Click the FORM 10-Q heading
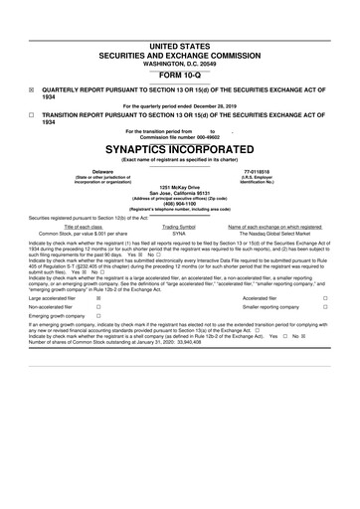180,75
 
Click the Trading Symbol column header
179,228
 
